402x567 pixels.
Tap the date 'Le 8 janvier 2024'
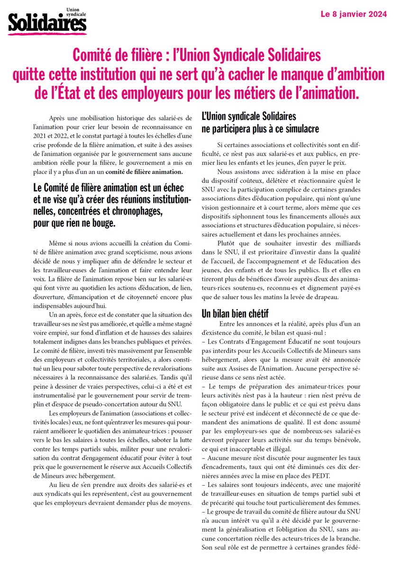[354, 15]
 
